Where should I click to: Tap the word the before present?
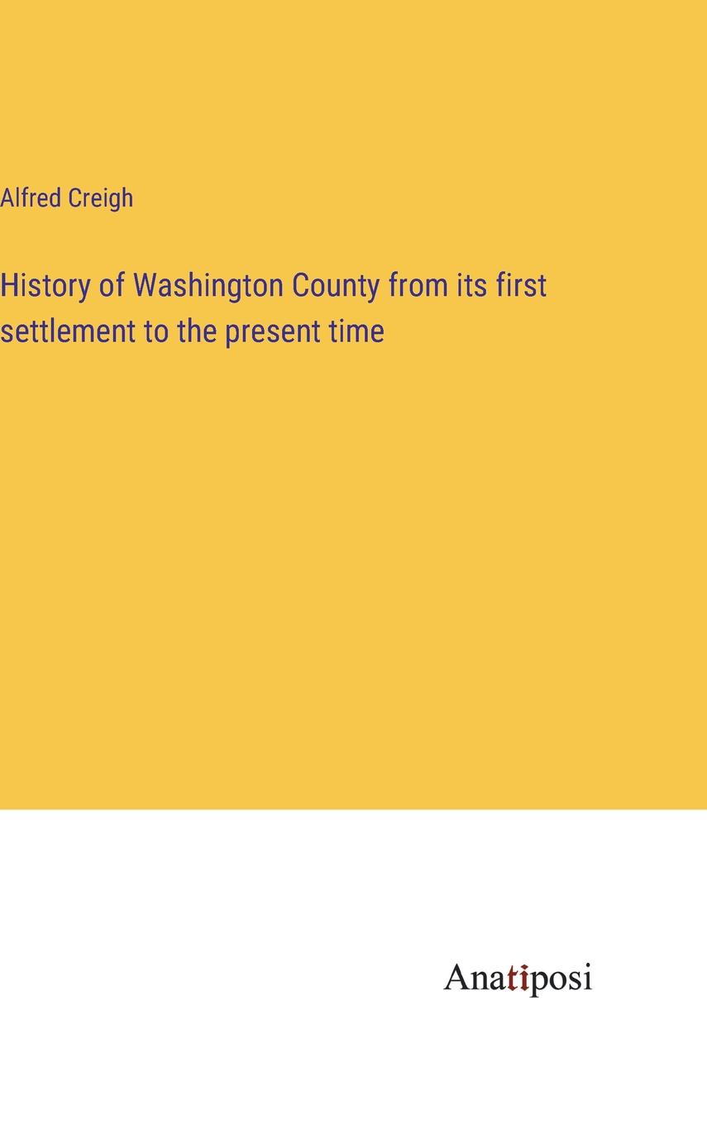198,331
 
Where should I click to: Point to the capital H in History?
8,284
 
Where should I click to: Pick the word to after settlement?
156,332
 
